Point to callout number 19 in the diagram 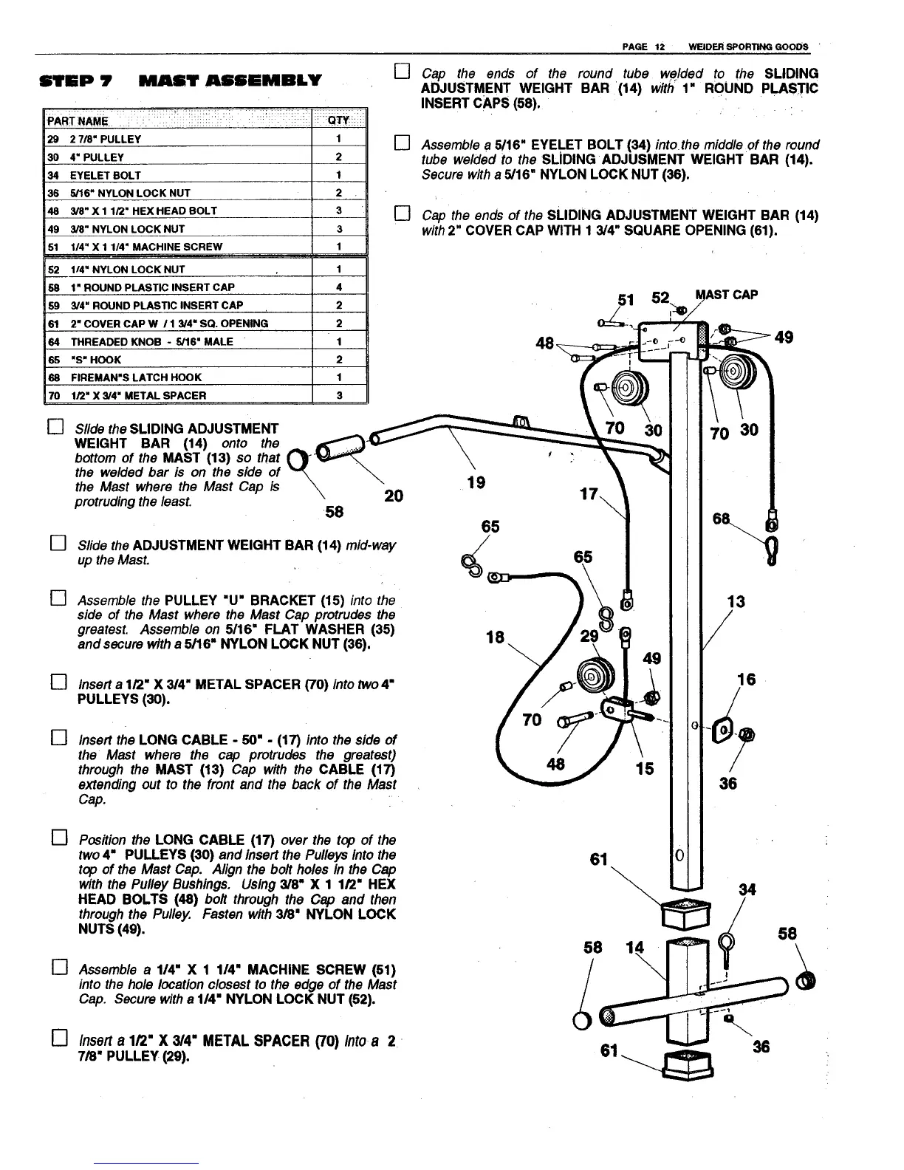[476, 482]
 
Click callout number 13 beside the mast [736, 601]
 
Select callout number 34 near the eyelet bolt [747, 889]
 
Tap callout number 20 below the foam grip [394, 496]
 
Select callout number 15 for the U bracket [645, 768]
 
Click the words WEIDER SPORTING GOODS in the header [747, 47]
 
